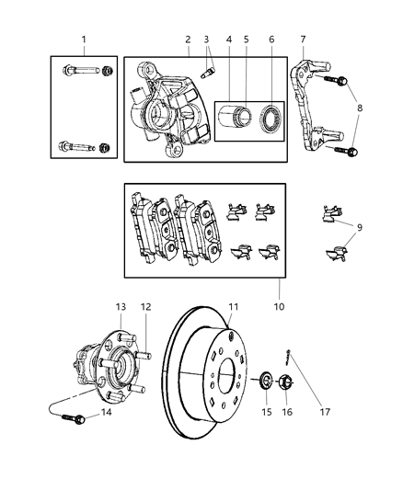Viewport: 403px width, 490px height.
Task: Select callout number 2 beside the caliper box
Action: pyautogui.click(x=187, y=40)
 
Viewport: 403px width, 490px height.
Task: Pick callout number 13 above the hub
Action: pyautogui.click(x=121, y=306)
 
